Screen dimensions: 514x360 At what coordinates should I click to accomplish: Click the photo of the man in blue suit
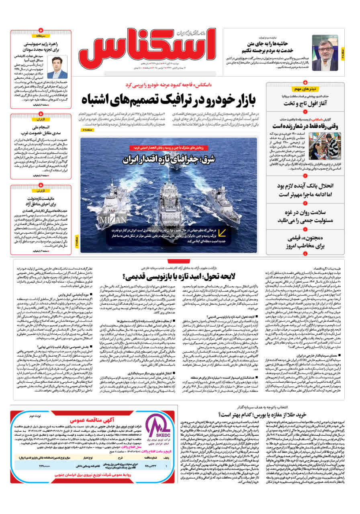point(57,67)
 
